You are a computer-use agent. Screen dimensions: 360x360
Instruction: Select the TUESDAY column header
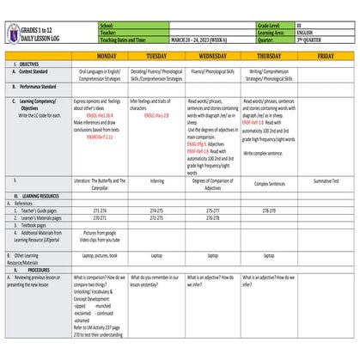pos(156,56)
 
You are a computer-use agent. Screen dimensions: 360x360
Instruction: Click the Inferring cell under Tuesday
pos(156,182)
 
